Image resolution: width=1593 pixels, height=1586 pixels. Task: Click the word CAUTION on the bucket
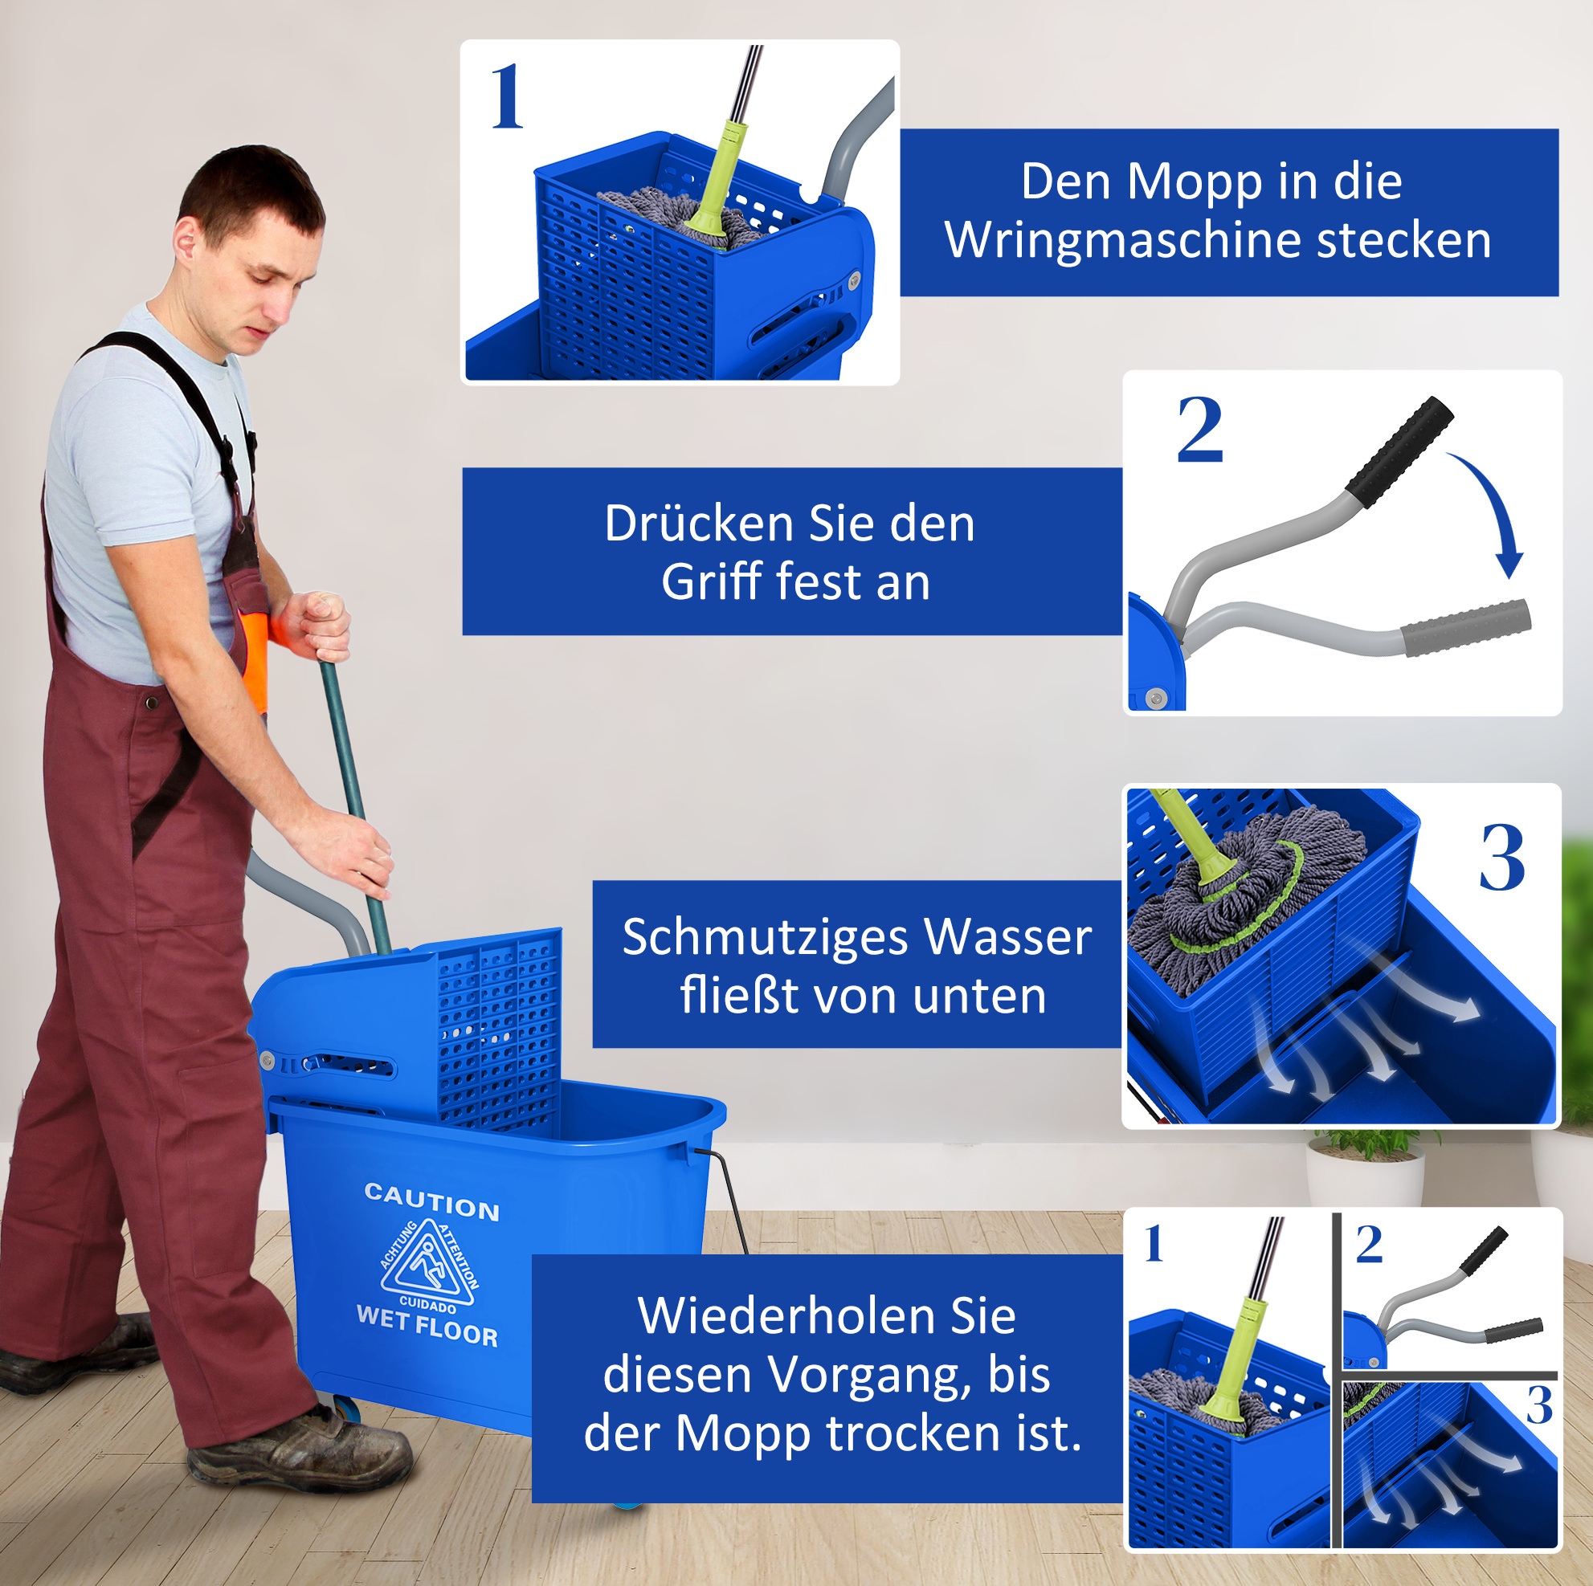pos(431,1202)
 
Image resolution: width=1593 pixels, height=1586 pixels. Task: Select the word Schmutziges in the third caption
pos(765,938)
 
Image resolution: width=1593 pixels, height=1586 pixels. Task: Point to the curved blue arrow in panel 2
pos(1494,509)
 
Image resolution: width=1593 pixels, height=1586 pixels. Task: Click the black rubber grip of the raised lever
pos(1399,452)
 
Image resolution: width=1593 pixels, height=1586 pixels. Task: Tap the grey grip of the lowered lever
pos(1465,627)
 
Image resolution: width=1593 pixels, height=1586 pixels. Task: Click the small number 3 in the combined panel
pos(1538,1405)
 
